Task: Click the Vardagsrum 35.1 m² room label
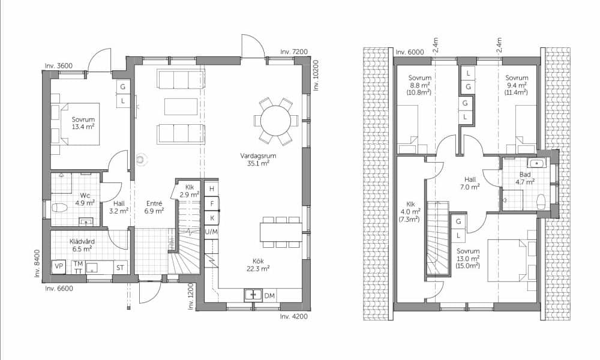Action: (258, 160)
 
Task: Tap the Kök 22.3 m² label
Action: (258, 265)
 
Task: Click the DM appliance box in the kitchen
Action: (269, 295)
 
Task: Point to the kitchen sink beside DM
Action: (253, 295)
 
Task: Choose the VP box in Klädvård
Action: (59, 266)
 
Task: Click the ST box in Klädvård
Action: (120, 268)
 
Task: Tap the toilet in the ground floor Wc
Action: (59, 208)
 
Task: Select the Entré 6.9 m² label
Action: (154, 207)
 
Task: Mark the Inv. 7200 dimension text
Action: (294, 52)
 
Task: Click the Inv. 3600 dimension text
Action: (59, 66)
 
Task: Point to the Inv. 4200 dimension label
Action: (293, 316)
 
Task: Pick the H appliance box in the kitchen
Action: (212, 189)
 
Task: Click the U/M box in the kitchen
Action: (212, 232)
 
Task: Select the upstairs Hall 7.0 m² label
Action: (470, 183)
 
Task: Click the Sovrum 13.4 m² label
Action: (83, 123)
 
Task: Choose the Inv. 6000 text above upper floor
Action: (410, 52)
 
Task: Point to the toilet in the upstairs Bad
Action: (541, 202)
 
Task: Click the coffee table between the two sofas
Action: (181, 106)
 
